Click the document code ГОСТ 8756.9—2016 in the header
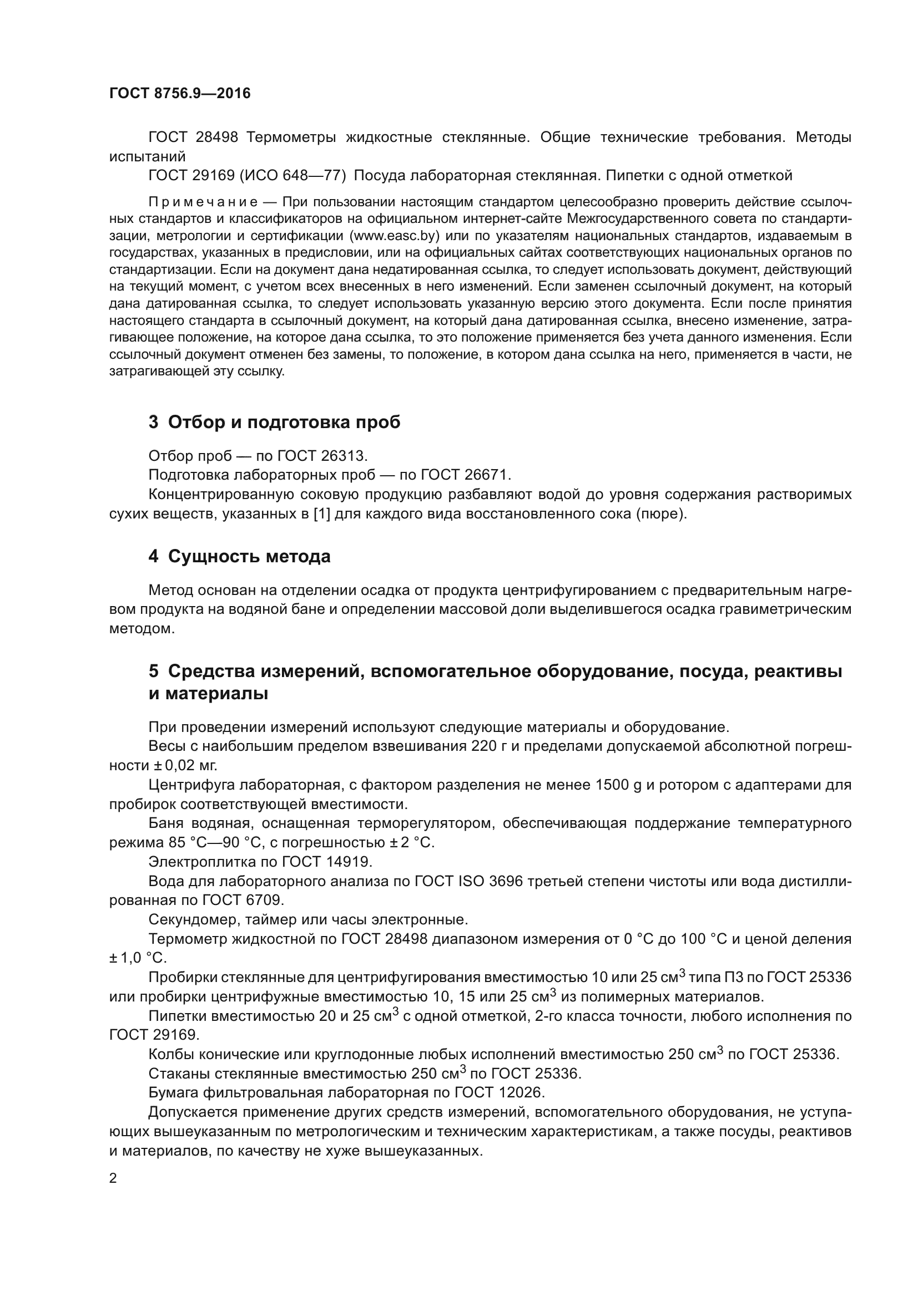pos(180,93)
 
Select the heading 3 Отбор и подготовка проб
pos(274,422)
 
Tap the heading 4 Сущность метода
pos(239,556)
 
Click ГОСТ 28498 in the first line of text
pos(193,138)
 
